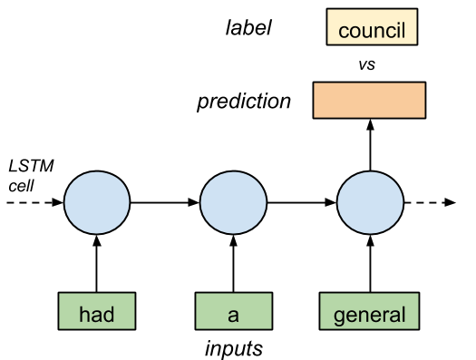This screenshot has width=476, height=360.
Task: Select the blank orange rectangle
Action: pyautogui.click(x=369, y=100)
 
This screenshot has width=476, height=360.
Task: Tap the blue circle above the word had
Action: pyautogui.click(x=97, y=201)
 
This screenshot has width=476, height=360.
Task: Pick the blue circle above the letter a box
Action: pyautogui.click(x=233, y=201)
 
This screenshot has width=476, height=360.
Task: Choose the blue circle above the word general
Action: pyautogui.click(x=370, y=201)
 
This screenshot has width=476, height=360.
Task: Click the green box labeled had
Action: pyautogui.click(x=96, y=311)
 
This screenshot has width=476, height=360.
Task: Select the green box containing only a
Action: pyautogui.click(x=233, y=311)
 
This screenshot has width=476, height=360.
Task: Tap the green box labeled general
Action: pyautogui.click(x=369, y=311)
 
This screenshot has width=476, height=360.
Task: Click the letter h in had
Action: pyautogui.click(x=84, y=315)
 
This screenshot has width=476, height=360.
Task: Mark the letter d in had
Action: pyautogui.click(x=108, y=315)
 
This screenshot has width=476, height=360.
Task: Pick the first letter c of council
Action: pyautogui.click(x=343, y=32)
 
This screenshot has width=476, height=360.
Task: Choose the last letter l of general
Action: pyautogui.click(x=403, y=315)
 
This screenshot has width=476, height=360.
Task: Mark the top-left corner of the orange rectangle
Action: pyautogui.click(x=315, y=83)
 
